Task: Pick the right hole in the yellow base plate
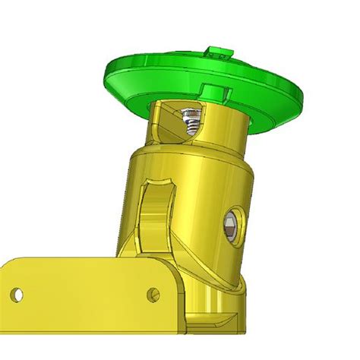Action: pyautogui.click(x=154, y=292)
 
